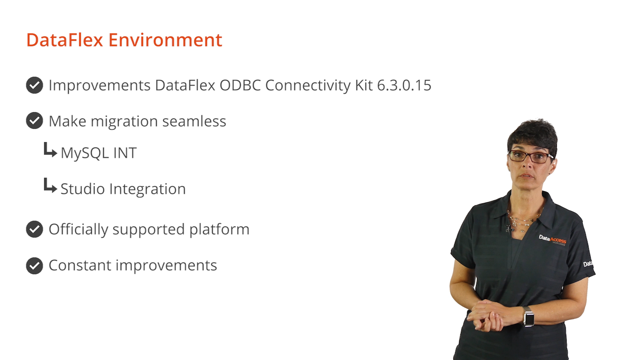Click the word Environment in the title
point(165,40)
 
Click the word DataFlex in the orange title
point(65,40)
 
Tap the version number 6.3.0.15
point(404,85)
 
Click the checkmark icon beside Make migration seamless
point(34,121)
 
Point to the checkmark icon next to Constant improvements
point(34,266)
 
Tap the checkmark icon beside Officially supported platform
point(34,229)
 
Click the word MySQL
point(85,153)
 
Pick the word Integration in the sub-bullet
point(147,189)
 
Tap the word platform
point(219,229)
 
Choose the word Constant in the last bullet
point(80,265)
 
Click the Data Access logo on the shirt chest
point(552,239)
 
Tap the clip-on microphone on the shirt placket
point(509,229)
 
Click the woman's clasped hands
point(489,315)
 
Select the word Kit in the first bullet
point(364,85)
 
